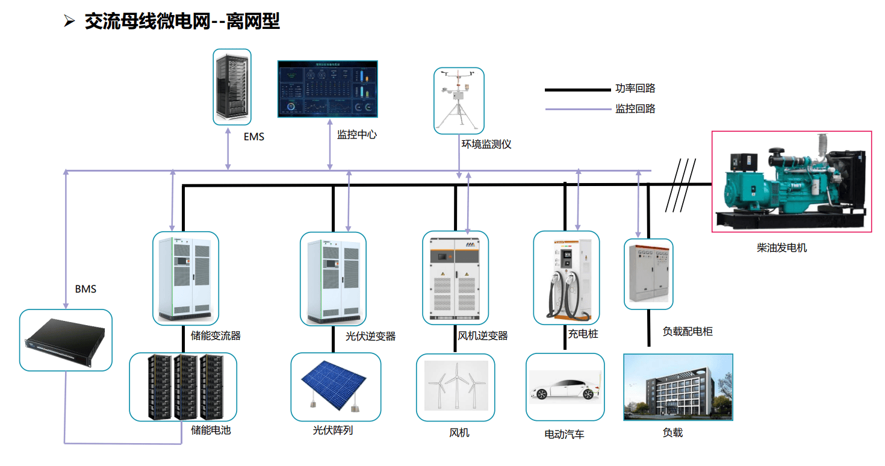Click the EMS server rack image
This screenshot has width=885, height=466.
click(232, 87)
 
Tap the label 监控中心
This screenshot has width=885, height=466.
click(356, 135)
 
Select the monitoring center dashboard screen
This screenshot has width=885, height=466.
click(327, 89)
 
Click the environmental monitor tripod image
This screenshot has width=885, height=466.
click(459, 100)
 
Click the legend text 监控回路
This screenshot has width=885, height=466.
click(635, 109)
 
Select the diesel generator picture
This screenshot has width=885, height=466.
click(791, 181)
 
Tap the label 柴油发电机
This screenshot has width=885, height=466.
click(781, 247)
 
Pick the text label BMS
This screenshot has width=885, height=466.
click(85, 289)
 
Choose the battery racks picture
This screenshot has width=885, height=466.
click(183, 387)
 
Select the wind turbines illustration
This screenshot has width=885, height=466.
click(455, 387)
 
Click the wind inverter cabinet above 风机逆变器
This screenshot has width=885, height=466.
click(455, 278)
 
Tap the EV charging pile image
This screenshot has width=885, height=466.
click(567, 278)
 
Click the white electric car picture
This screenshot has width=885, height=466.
click(564, 387)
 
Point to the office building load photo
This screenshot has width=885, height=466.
click(678, 387)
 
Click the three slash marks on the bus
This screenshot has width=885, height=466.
click(681, 185)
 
